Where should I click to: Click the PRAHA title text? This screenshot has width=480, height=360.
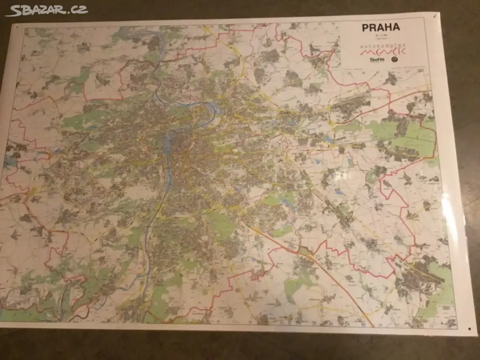coord(381,27)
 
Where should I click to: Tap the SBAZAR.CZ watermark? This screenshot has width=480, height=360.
coord(46,10)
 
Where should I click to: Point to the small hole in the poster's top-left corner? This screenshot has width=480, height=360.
coord(16,28)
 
